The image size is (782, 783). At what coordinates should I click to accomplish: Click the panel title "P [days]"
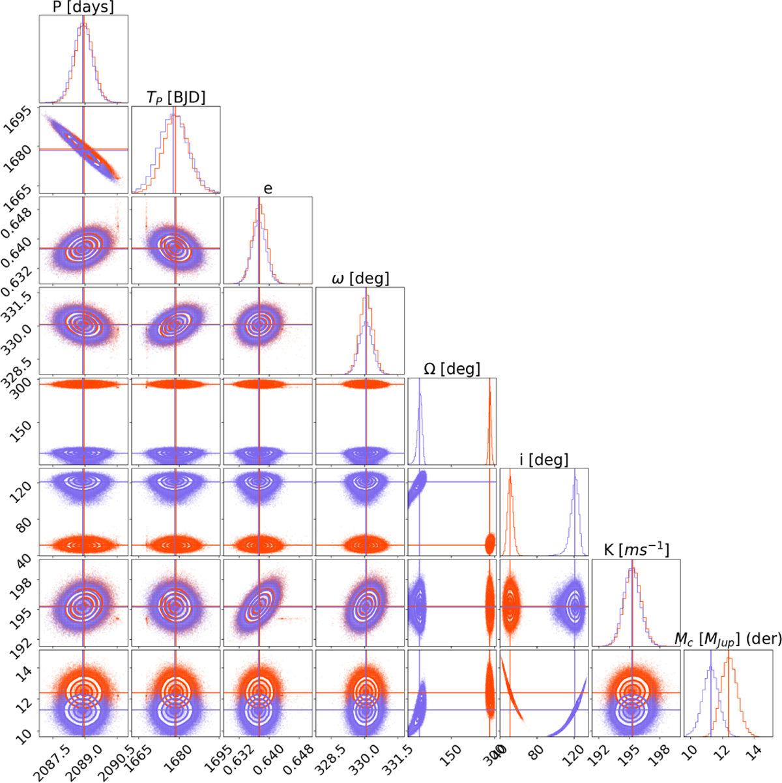click(x=83, y=8)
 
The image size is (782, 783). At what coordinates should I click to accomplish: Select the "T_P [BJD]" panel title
click(x=175, y=98)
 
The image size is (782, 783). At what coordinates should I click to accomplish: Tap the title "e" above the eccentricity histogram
click(x=268, y=189)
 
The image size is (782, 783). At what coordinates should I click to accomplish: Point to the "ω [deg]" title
click(x=360, y=279)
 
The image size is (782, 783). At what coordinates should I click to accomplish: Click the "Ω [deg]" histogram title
click(x=452, y=369)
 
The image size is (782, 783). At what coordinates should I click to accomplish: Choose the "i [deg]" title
click(x=543, y=460)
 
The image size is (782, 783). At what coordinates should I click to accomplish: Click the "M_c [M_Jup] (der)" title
click(x=728, y=640)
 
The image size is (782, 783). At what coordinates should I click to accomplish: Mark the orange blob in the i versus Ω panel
click(x=490, y=543)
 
